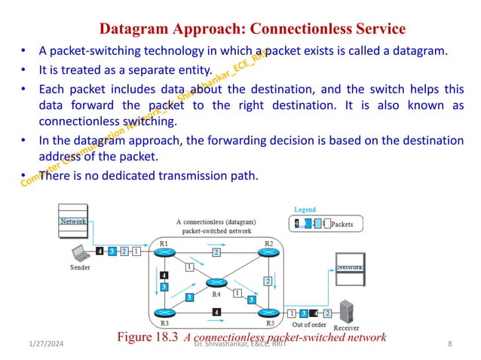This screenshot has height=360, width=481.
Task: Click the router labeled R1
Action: pyautogui.click(x=164, y=252)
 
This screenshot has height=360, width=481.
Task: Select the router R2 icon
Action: pyautogui.click(x=268, y=252)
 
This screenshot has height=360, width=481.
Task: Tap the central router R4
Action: pyautogui.click(x=216, y=282)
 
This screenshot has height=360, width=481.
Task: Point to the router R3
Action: pyautogui.click(x=164, y=312)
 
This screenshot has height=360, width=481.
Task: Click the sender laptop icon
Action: pyautogui.click(x=79, y=253)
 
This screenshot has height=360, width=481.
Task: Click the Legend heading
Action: pyautogui.click(x=305, y=209)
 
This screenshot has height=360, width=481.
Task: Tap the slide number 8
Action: pyautogui.click(x=449, y=343)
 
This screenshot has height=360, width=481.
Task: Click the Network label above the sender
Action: pyautogui.click(x=73, y=221)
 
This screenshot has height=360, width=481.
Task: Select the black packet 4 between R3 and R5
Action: pyautogui.click(x=216, y=312)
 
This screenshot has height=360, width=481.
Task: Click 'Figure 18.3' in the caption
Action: pyautogui.click(x=148, y=337)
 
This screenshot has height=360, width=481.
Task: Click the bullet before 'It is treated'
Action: pyautogui.click(x=24, y=72)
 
